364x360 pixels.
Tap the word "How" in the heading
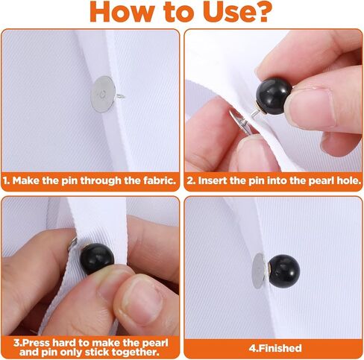(x=121, y=12)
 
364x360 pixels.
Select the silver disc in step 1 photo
(x=102, y=95)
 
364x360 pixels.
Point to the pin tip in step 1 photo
(x=124, y=97)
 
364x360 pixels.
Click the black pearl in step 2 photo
(x=274, y=96)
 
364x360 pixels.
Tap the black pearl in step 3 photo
(x=97, y=259)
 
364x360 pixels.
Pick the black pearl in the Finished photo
(x=284, y=271)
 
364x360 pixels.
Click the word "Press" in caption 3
(x=35, y=343)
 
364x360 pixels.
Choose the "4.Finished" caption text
(x=275, y=348)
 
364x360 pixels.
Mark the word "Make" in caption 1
(x=26, y=180)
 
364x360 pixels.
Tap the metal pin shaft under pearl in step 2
(x=255, y=113)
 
